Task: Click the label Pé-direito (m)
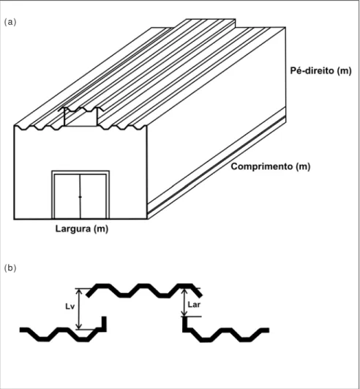pos(320,71)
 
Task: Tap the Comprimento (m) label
pos(271,166)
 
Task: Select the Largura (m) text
pos(82,229)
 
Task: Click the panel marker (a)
pos(10,22)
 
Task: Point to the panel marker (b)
pos(10,268)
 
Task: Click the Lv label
pos(70,306)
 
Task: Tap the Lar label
pos(194,305)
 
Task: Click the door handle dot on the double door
pos(80,197)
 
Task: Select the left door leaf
pos(67,196)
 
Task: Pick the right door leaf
pos(93,196)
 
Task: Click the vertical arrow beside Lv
pos(79,309)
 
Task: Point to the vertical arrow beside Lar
pos(184,303)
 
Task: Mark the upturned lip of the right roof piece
pos(184,324)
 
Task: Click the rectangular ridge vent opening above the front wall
pos(80,117)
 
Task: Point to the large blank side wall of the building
pos(216,119)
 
